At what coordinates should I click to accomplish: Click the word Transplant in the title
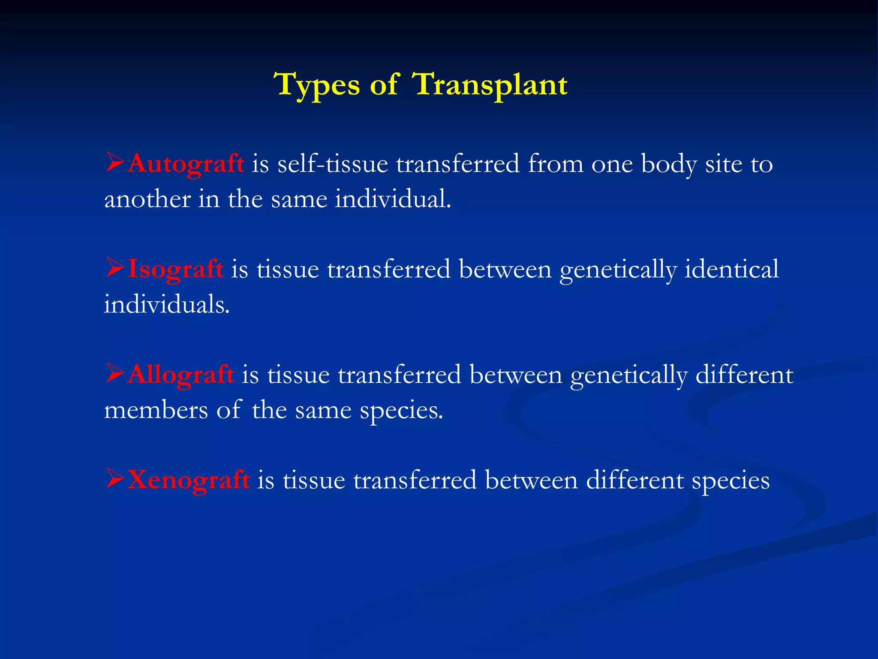(490, 85)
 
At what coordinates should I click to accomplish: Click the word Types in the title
(318, 85)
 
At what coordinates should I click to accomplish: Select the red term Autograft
(185, 164)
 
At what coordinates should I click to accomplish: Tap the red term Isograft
(175, 270)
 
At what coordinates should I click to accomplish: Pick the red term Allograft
(180, 375)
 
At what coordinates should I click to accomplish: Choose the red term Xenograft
(188, 480)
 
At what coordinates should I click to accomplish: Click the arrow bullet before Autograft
(115, 163)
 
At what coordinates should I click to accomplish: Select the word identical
(731, 270)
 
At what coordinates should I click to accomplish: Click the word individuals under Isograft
(166, 305)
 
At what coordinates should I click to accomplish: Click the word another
(147, 200)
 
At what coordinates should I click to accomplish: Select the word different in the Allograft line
(744, 375)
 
